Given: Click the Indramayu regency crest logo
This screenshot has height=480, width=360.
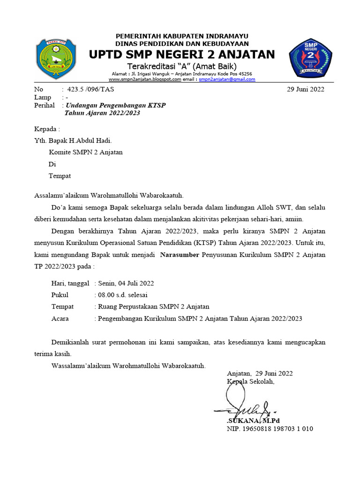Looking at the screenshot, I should point(56,59).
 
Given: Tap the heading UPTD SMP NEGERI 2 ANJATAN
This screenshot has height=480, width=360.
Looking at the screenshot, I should point(182,55).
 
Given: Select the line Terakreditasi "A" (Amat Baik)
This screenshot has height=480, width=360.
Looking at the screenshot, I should point(182,66).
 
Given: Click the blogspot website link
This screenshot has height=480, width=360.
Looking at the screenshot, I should point(142,80).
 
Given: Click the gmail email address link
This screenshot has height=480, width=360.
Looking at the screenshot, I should point(227,80).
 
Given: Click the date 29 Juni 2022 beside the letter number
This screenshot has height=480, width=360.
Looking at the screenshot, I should point(305,90).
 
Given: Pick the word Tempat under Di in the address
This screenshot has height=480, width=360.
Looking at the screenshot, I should point(60,176).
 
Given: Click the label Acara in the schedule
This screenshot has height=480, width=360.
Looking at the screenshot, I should point(60,318).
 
